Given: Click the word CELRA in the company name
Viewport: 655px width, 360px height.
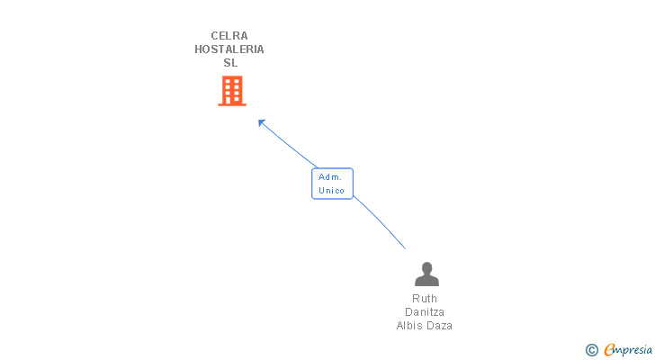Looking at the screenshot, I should (229, 36).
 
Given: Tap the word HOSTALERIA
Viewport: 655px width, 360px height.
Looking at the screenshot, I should (229, 49).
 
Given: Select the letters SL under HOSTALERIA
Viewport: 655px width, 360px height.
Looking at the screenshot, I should (230, 63).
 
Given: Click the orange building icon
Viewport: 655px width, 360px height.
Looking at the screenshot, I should (232, 91).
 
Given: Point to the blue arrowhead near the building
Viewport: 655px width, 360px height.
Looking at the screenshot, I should (261, 122).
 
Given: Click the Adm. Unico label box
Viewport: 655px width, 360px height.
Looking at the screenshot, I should (332, 184).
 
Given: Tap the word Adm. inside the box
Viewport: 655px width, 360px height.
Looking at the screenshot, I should (330, 177).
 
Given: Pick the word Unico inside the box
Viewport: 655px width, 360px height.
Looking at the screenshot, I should (332, 191).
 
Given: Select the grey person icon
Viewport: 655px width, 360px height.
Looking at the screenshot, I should (426, 274).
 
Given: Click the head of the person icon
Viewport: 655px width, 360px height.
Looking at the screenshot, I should (426, 267).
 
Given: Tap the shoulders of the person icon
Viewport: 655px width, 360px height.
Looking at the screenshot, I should (426, 281).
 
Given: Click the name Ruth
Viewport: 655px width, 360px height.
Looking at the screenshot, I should (425, 299).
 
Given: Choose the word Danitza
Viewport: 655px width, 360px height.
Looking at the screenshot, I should (425, 312).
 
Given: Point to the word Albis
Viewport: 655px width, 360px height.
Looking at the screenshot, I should (411, 326).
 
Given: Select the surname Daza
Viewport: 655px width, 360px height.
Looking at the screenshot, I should (439, 326).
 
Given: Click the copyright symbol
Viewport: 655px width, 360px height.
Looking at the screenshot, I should (591, 350).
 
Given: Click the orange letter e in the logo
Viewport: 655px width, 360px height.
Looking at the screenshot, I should (609, 350).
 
